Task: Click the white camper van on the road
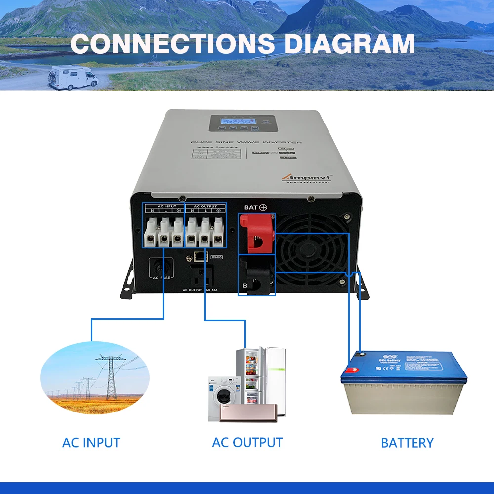point(73,77)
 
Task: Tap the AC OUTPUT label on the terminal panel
point(205,206)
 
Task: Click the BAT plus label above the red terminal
point(255,207)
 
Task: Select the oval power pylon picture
point(94,372)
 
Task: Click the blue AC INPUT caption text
point(91,442)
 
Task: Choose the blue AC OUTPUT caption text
point(247,442)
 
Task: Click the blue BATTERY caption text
point(407,443)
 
